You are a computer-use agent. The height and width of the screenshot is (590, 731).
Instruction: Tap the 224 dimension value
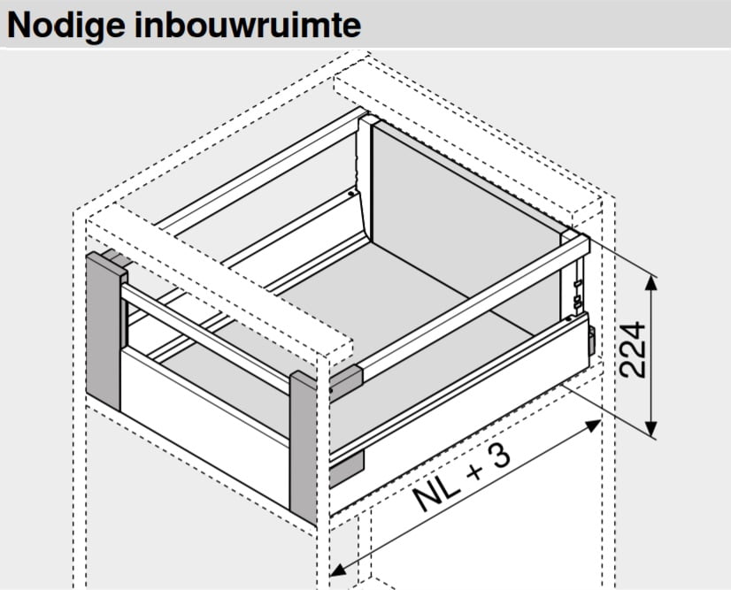(x=635, y=350)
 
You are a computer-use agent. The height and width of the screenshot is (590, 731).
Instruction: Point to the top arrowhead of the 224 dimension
(x=653, y=282)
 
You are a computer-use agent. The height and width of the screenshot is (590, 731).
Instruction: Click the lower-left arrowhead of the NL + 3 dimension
(x=337, y=571)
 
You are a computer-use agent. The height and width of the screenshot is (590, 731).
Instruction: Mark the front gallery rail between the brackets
(x=205, y=333)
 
